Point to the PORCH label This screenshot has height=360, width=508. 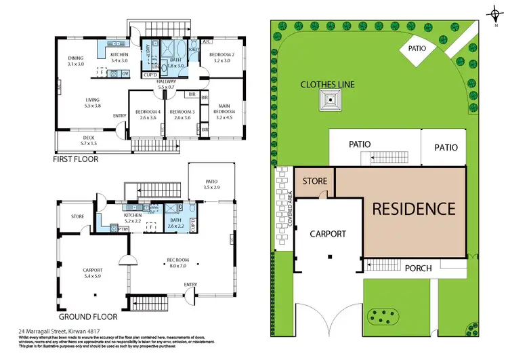418,268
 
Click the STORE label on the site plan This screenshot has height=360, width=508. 314,182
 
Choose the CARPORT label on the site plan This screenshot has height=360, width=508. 328,234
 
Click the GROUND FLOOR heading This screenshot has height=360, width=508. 87,316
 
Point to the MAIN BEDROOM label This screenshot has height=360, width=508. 227,109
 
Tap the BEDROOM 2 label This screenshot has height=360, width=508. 221,57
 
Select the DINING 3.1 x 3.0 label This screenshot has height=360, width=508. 76,61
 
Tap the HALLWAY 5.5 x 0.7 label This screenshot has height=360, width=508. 167,84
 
